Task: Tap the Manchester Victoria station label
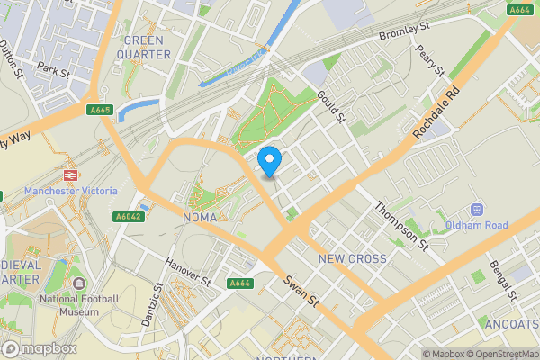(x=70, y=191)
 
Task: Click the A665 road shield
(x=100, y=110)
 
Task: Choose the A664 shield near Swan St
(x=238, y=283)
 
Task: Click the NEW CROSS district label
(x=353, y=258)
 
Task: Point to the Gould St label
(x=331, y=106)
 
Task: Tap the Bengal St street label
(x=502, y=281)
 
